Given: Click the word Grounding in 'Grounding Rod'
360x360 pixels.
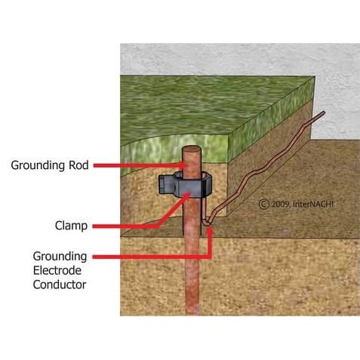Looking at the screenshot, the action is [37, 166].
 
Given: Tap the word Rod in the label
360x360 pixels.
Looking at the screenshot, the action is [78, 165].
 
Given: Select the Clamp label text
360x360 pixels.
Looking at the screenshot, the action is [71, 226].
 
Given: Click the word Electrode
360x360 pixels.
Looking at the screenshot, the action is [57, 270].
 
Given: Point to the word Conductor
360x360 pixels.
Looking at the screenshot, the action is [60, 285].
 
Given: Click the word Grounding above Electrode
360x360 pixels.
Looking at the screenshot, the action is [60, 257].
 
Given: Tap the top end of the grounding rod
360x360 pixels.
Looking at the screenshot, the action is [192, 149].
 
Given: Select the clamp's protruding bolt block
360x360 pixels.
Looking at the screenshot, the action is [165, 185].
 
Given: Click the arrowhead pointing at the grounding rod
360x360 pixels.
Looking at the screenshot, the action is [184, 165].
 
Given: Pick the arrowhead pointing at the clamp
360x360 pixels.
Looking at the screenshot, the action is [187, 195].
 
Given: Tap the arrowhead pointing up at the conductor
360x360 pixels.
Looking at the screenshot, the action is [210, 231].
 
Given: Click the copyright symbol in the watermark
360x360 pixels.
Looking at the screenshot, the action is [264, 204].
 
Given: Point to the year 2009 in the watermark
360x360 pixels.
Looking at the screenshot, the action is [281, 204].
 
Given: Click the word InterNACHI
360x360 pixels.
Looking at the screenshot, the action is [313, 204].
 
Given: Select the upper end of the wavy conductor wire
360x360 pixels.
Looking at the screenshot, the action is [324, 112].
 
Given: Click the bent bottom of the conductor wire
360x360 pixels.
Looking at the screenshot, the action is [207, 223].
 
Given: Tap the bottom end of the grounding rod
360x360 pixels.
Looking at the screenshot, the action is [192, 314].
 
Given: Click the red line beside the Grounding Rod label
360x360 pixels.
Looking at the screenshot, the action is [137, 165].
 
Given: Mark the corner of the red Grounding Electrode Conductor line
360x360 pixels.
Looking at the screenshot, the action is [210, 257].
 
